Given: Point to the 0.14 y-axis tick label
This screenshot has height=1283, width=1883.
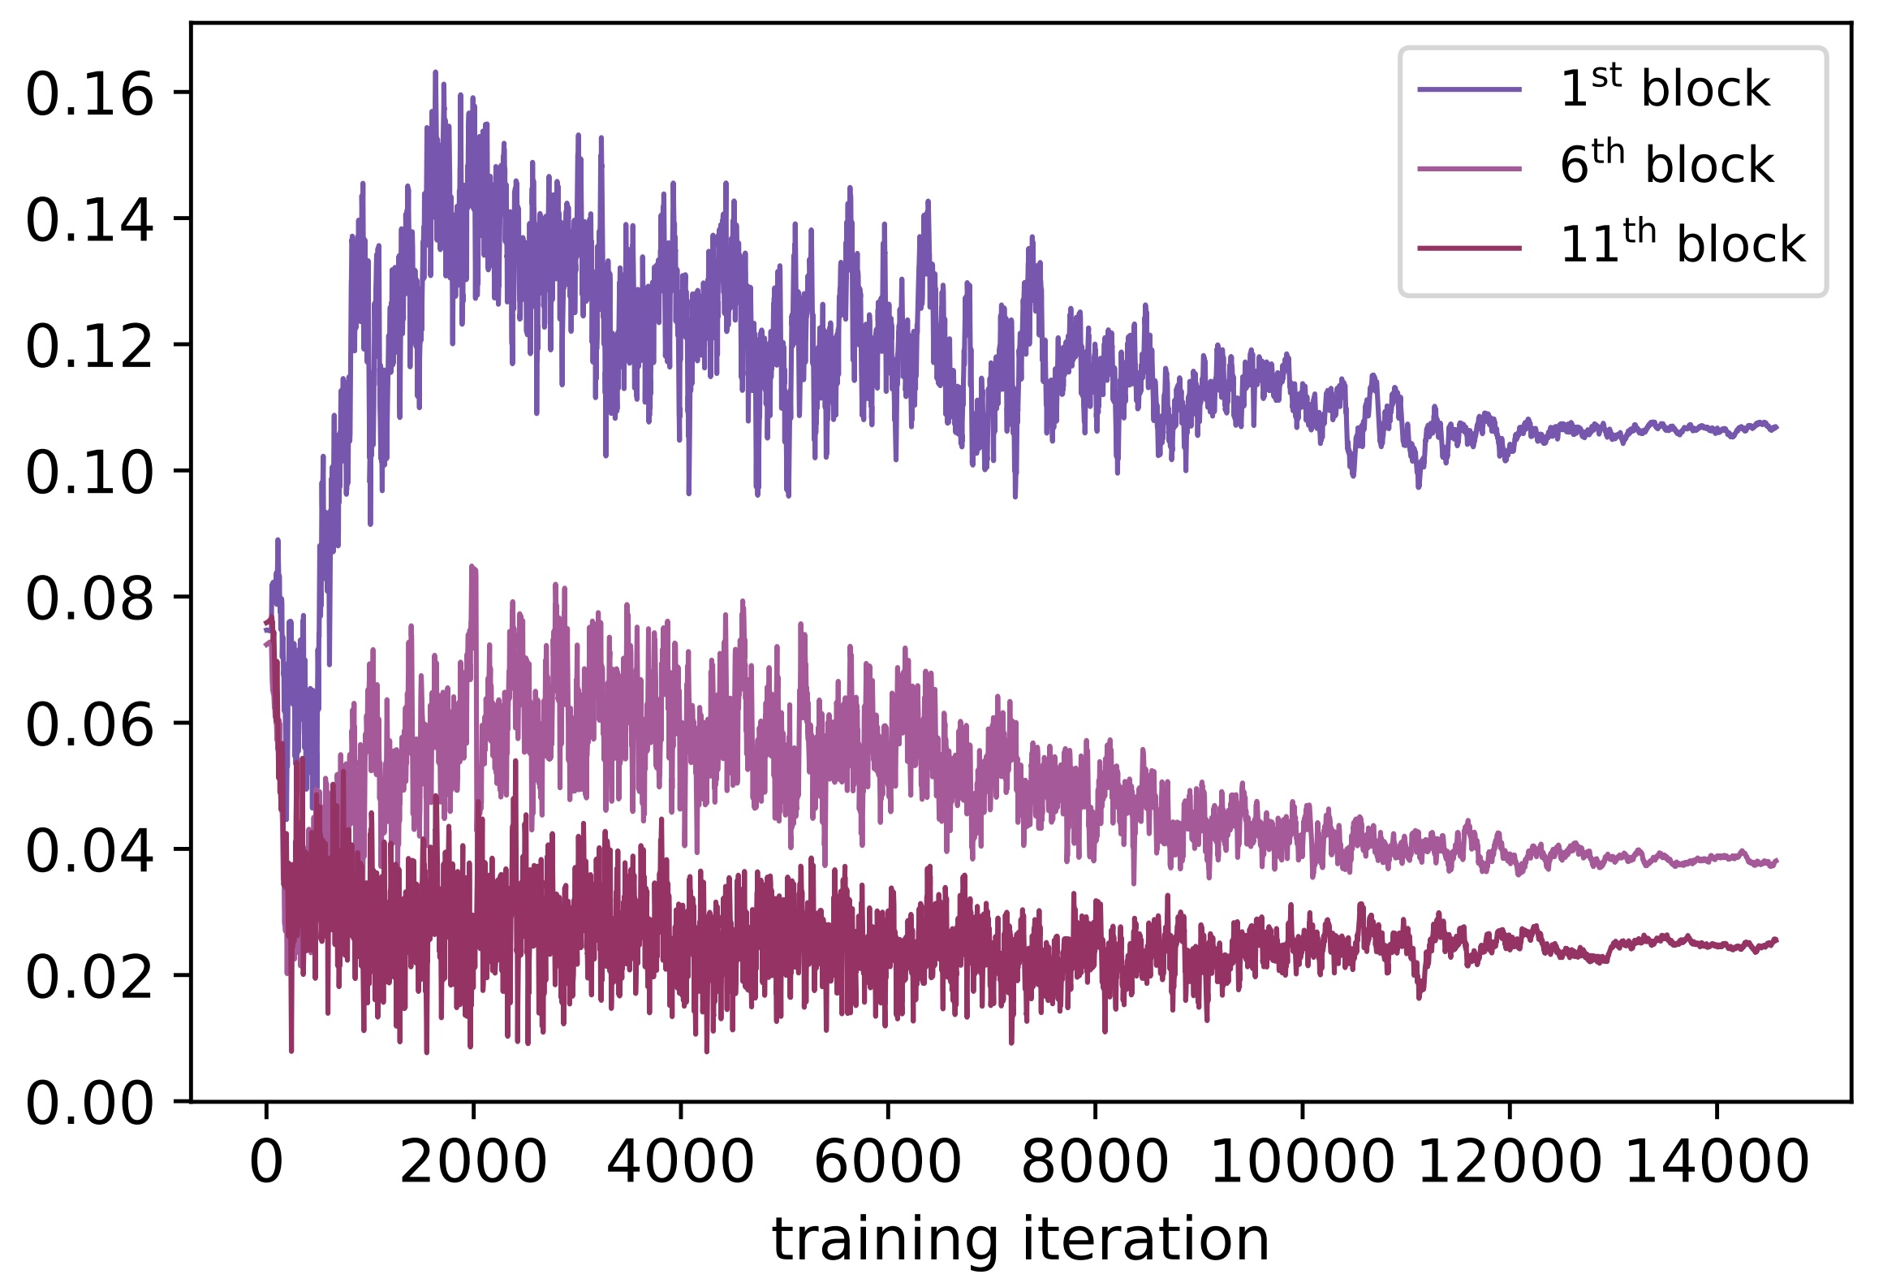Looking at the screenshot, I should pyautogui.click(x=89, y=221).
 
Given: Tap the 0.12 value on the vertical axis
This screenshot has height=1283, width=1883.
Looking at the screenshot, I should pyautogui.click(x=89, y=347).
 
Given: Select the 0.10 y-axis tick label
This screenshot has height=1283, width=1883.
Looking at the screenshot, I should pyautogui.click(x=89, y=473).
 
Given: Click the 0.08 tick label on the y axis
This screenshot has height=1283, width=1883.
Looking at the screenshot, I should pyautogui.click(x=89, y=599).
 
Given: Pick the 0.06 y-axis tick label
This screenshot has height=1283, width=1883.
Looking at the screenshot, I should pyautogui.click(x=89, y=725).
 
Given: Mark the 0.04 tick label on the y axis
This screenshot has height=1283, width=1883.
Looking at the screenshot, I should pyautogui.click(x=89, y=851).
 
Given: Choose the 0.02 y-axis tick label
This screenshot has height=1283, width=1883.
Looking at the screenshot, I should pyautogui.click(x=89, y=977).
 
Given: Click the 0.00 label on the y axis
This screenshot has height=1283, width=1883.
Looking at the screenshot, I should pyautogui.click(x=89, y=1104).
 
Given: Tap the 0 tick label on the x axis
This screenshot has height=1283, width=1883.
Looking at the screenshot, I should pyautogui.click(x=266, y=1163).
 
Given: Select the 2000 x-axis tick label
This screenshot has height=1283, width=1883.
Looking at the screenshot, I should pyautogui.click(x=473, y=1163).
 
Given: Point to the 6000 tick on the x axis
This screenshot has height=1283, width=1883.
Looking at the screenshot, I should pyautogui.click(x=887, y=1163).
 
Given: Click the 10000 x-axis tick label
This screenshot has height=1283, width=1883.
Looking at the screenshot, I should pyautogui.click(x=1302, y=1163).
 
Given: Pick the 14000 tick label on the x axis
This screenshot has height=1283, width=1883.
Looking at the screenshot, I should pyautogui.click(x=1717, y=1163).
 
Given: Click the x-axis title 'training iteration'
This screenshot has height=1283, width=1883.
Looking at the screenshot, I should pyautogui.click(x=1020, y=1240).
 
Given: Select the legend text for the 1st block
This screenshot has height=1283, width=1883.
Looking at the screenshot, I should pyautogui.click(x=1664, y=88).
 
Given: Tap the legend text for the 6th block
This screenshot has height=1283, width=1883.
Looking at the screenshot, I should pyautogui.click(x=1666, y=165).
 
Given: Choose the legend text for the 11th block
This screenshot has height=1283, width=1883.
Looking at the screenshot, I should pyautogui.click(x=1682, y=244).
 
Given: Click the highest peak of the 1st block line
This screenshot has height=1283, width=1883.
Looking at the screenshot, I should pyautogui.click(x=436, y=72).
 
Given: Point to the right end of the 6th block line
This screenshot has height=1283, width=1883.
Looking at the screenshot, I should pyautogui.click(x=1777, y=862).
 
